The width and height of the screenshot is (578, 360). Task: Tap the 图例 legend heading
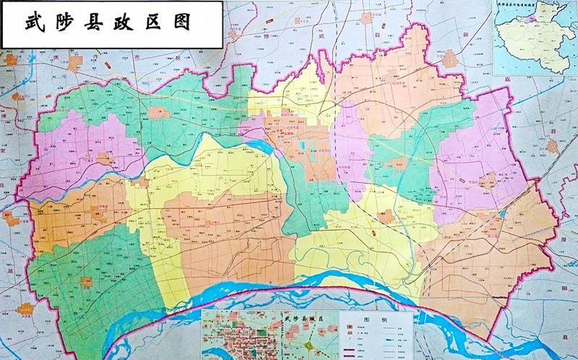tap(370, 317)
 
